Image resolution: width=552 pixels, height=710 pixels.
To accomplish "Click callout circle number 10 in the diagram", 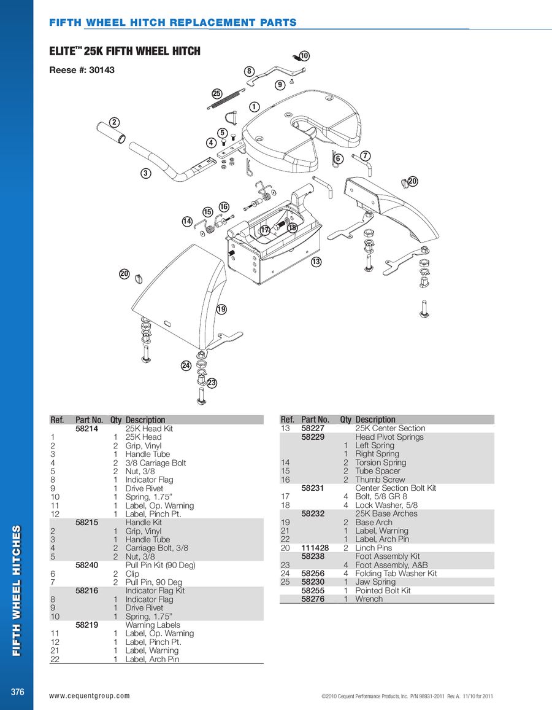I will click(304, 57).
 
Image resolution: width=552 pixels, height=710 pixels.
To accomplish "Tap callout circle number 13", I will click(316, 262).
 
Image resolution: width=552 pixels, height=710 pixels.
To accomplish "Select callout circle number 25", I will click(217, 94).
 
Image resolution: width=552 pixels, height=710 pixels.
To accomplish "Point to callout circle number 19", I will click(221, 310).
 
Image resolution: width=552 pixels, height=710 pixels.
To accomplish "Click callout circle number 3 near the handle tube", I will click(145, 173).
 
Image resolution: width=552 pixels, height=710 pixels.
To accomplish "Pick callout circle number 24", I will click(186, 365).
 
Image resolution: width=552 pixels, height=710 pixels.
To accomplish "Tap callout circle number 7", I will click(365, 155).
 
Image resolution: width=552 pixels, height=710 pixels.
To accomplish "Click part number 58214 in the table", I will click(86, 429).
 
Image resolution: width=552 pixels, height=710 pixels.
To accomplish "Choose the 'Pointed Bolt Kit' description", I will click(383, 590).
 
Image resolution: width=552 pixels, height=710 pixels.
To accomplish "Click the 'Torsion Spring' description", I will click(380, 462).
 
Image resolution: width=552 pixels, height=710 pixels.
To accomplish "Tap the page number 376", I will click(17, 692).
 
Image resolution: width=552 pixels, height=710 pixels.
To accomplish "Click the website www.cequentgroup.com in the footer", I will click(90, 696).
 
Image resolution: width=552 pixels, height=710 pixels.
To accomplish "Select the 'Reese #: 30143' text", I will click(82, 71).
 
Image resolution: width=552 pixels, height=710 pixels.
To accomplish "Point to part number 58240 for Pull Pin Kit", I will click(86, 565).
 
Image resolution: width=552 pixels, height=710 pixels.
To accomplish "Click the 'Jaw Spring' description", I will click(375, 582).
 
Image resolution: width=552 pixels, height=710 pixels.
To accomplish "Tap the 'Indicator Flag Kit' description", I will click(155, 591).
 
